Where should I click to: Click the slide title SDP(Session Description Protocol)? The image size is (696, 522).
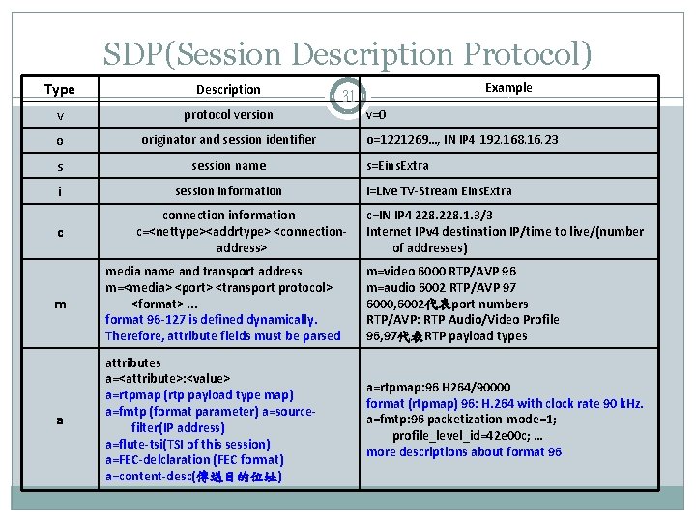348,55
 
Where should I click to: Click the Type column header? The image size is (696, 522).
60,90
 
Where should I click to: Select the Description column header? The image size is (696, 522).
228,90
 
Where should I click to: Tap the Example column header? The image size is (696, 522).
508,88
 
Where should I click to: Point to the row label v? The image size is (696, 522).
60,115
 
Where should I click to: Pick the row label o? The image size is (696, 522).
60,141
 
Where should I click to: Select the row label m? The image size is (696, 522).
60,304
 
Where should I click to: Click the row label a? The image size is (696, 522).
60,420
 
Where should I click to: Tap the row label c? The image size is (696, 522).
60,233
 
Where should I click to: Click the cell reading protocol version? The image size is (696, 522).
228,114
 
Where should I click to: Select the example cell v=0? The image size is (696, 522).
376,114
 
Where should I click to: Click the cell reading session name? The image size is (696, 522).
228,165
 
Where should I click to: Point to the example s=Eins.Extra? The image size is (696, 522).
397,166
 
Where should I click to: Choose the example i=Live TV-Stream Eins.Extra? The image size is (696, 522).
439,191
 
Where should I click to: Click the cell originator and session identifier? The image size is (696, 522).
228,140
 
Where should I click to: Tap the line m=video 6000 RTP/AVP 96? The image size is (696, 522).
441,272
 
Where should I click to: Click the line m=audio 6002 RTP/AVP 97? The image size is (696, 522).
441,288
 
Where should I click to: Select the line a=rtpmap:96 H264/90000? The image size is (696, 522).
438,387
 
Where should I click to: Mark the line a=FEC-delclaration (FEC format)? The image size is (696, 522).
194,461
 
